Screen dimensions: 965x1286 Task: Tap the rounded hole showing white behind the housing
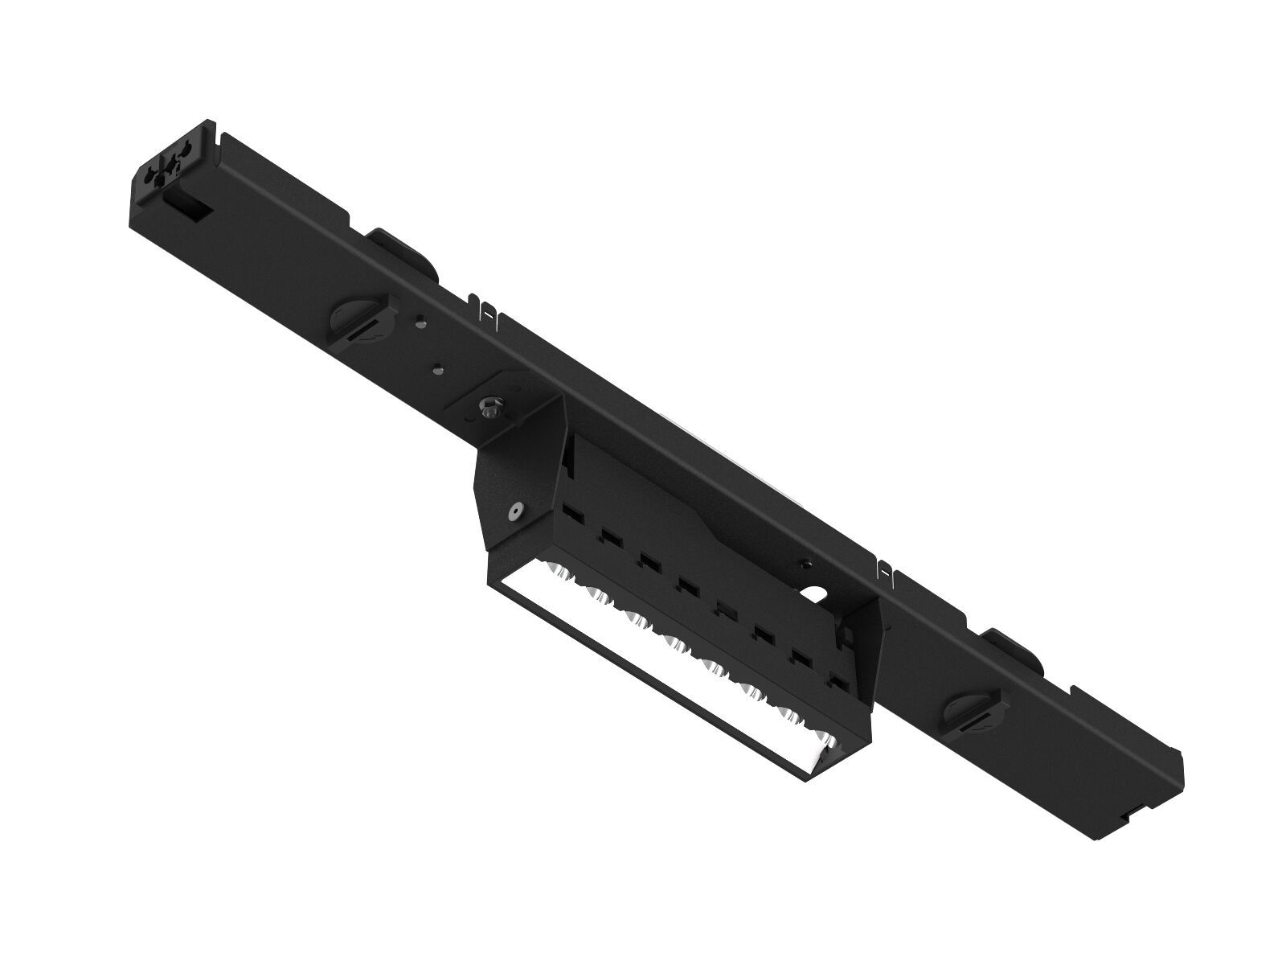point(813,596)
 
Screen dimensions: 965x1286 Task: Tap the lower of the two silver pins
point(438,370)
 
